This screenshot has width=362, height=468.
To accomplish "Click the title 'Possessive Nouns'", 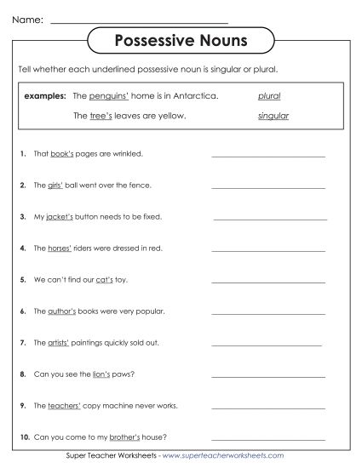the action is (181, 40).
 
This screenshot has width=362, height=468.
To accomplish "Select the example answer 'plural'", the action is (269, 96).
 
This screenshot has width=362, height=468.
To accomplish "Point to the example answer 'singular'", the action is (273, 115).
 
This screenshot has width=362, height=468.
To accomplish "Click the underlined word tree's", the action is (101, 115).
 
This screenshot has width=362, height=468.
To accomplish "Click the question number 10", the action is (26, 437).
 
